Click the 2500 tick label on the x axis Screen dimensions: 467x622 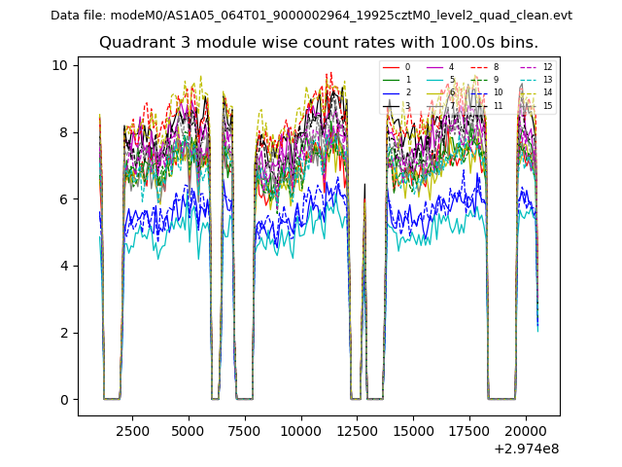tap(133, 429)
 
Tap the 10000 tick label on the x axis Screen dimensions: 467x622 tap(301, 429)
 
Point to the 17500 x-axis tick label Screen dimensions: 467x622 tap(470, 429)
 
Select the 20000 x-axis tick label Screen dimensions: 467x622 tap(527, 429)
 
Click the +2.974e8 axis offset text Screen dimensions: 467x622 tap(527, 449)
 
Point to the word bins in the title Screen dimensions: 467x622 tap(520, 43)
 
